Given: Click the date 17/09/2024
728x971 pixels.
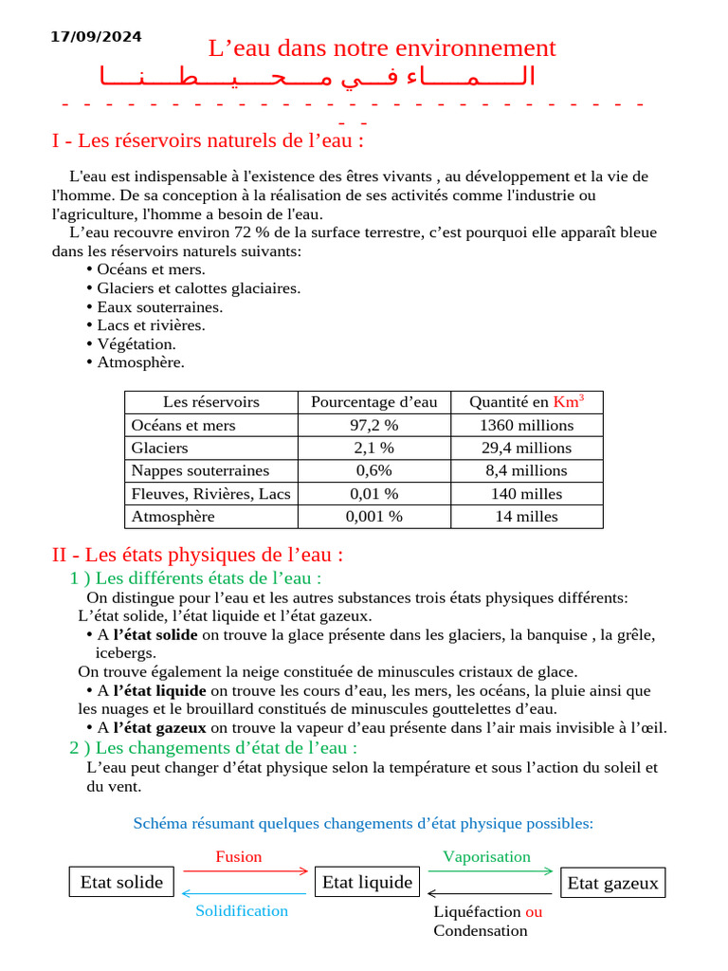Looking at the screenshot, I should coord(96,37).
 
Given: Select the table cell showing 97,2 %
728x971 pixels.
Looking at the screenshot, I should coord(374,426).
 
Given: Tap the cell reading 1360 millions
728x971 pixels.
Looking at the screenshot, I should coord(526,426).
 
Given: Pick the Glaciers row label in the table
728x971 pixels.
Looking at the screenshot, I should coord(160,448).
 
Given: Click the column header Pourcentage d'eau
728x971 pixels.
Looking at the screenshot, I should coord(374,402).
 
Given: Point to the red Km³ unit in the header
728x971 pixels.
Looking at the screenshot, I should coord(569,401).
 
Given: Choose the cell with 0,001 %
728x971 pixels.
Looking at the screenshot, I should coord(374,517).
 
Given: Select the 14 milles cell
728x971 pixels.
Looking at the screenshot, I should coord(526,517).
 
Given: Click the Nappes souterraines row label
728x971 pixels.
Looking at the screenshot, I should coord(200,470).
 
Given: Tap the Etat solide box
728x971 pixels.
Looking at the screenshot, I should coord(121,883).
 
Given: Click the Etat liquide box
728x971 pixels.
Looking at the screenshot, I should coord(367,883).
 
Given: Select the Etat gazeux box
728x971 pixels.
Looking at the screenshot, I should coord(612,884).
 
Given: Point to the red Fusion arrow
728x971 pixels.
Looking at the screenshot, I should coord(246,870).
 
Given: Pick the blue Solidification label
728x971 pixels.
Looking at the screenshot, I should coord(242,911).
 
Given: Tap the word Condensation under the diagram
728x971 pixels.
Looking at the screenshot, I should coord(481,931).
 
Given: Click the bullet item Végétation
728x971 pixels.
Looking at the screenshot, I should coord(136,344).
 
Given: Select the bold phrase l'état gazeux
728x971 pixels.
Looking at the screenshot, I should coord(159,728).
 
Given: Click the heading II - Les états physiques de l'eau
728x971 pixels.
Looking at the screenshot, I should coord(197,555).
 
